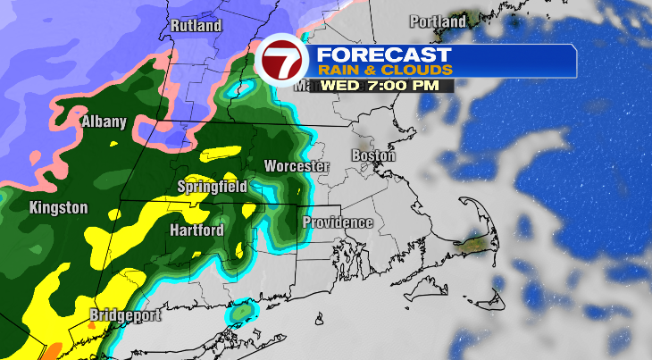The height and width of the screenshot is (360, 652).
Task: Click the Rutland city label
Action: tap(195, 26)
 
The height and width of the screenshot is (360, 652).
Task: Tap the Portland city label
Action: tap(438, 21)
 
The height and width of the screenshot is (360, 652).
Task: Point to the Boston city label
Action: tap(373, 155)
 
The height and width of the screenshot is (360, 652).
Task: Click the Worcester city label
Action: tap(297, 166)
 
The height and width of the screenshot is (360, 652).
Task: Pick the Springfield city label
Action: tap(211, 187)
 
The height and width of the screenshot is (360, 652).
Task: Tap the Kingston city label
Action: tap(59, 208)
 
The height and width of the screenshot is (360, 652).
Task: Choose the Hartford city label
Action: tap(196, 230)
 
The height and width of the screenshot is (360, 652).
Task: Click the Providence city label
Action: tap(337, 222)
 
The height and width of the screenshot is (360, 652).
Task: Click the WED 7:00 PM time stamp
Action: tap(386, 85)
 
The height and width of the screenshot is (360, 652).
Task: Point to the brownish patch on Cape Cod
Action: tap(472, 240)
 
